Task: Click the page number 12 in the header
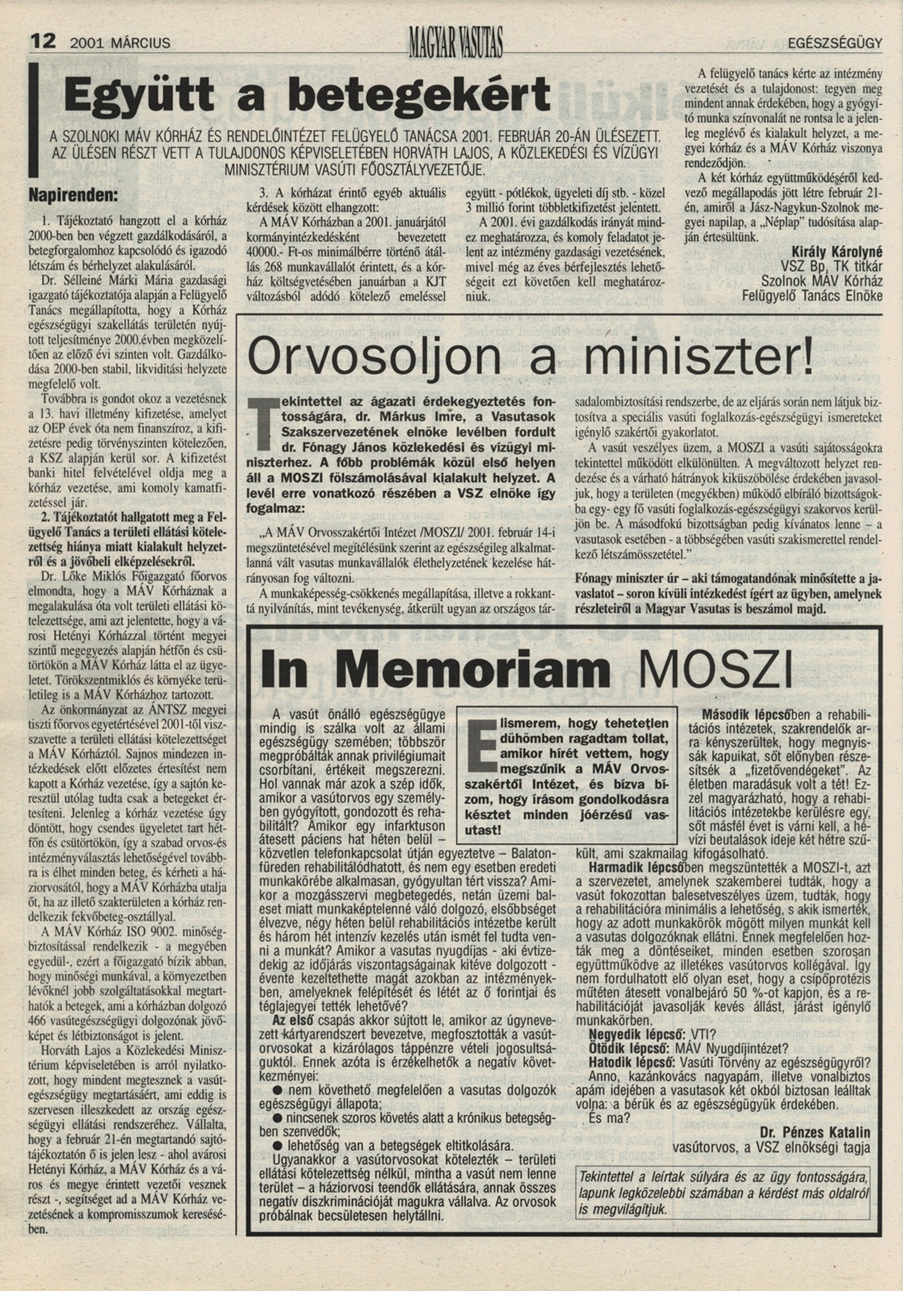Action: [43, 42]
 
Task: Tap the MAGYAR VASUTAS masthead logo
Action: [455, 42]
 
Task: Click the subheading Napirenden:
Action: [73, 196]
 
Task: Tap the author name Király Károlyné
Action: [838, 252]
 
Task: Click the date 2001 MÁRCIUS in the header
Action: [120, 43]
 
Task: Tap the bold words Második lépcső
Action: [744, 716]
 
